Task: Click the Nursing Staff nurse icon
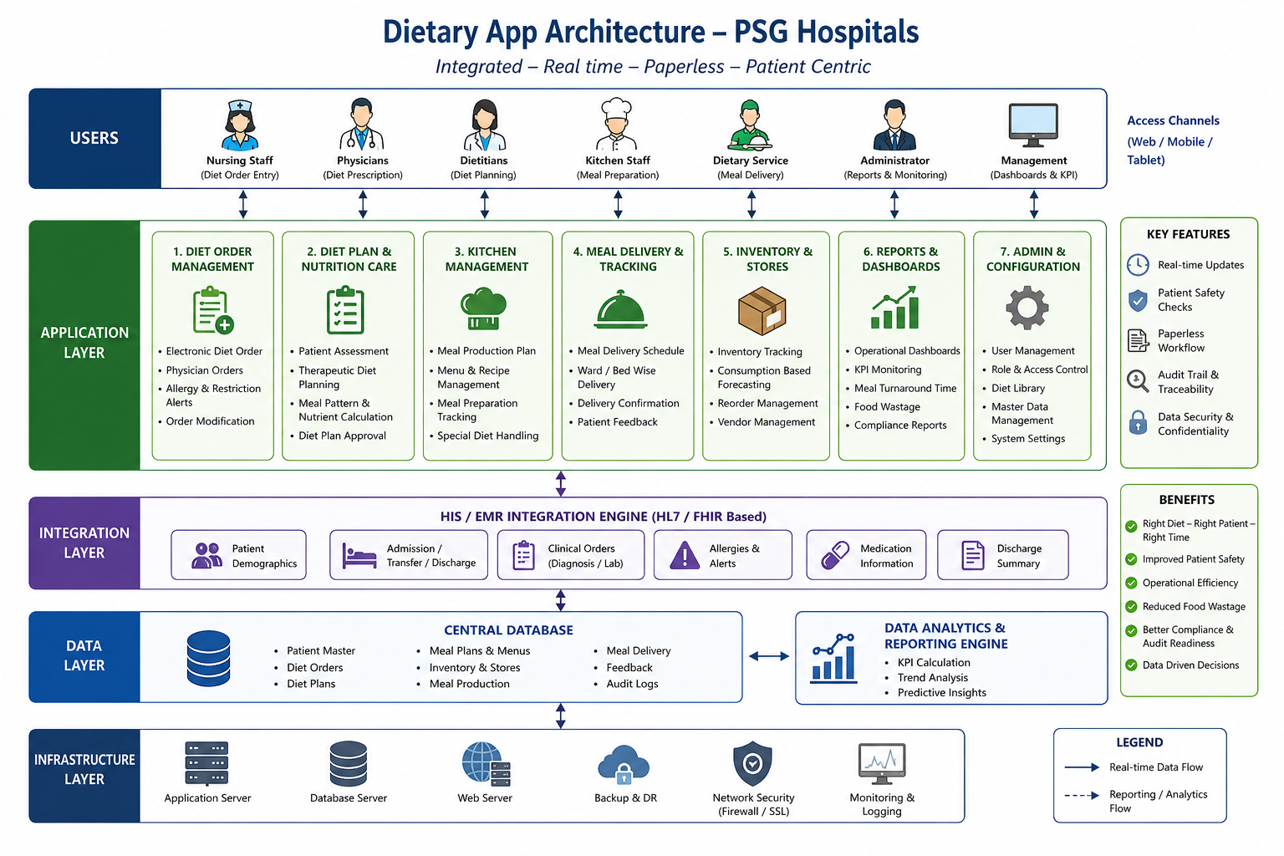pos(240,125)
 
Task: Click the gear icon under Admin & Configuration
pos(1027,308)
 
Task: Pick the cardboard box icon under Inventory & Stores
pos(762,310)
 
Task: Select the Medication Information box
pos(866,555)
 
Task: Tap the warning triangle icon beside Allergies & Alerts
pos(685,555)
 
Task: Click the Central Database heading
pos(508,629)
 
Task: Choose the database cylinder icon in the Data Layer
pos(209,658)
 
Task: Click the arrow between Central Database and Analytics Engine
pos(769,656)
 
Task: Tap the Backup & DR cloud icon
pos(624,764)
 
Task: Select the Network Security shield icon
pos(752,763)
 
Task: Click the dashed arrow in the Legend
pos(1082,795)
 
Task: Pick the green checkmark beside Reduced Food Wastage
pos(1131,607)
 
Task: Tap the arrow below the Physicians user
pos(363,204)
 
